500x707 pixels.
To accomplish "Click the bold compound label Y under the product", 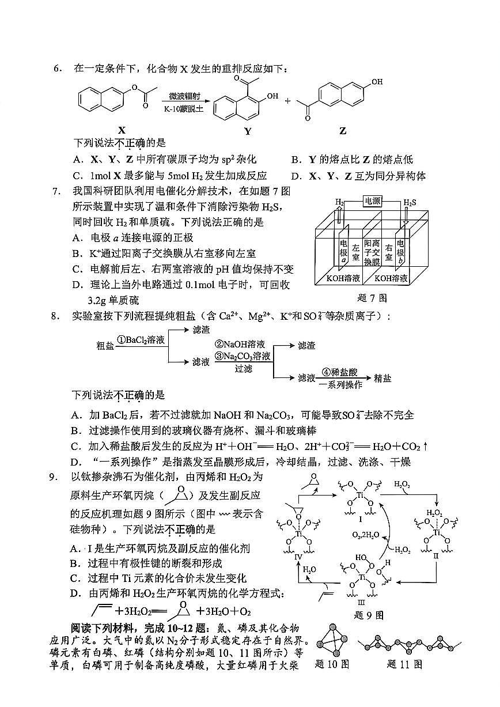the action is [248, 131].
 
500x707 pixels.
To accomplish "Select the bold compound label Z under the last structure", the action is [343, 131].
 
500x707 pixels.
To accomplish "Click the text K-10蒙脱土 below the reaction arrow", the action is [184, 108].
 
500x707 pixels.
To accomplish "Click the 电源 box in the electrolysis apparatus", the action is [372, 201].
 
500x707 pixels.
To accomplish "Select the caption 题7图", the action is [372, 298].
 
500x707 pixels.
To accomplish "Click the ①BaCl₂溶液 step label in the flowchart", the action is [141, 340].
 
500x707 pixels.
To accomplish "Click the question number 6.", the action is [57, 69].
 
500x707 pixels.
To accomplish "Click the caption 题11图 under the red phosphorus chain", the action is [405, 664].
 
